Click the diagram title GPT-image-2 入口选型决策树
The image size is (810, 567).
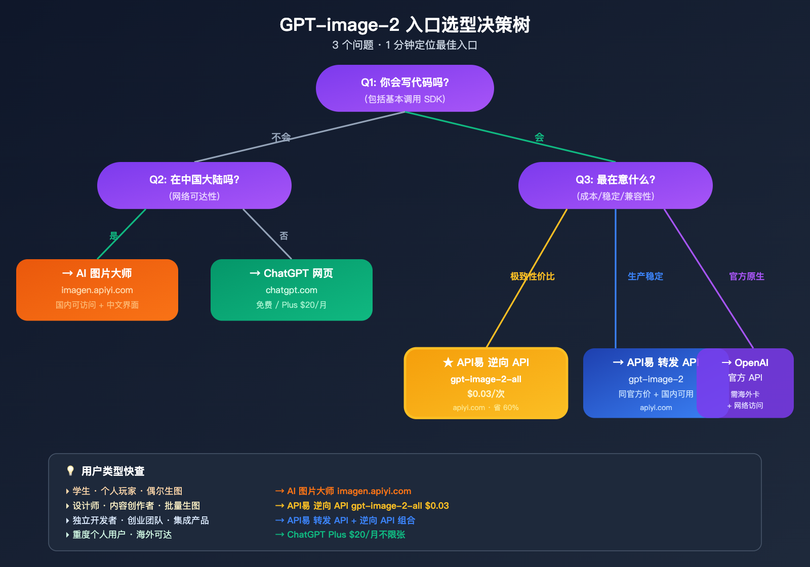point(404,25)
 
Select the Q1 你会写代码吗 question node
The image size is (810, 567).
point(404,89)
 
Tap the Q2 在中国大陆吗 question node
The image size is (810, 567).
point(194,186)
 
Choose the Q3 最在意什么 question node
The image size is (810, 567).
point(615,186)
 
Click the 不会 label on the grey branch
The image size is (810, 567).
point(281,137)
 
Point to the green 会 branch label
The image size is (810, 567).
point(539,137)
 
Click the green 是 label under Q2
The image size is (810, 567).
point(114,236)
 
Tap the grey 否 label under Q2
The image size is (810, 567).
point(284,236)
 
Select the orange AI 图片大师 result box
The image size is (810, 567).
point(97,290)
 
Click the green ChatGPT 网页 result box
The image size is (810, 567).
point(291,290)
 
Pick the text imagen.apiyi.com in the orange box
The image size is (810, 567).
point(97,290)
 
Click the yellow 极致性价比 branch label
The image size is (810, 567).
point(532,276)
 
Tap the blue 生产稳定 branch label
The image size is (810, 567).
point(645,276)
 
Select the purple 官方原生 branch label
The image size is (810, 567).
point(746,276)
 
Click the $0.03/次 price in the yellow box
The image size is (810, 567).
point(485,394)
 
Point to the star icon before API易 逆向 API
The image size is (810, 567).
point(448,362)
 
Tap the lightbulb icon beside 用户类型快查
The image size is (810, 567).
point(70,471)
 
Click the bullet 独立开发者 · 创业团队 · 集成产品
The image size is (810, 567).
point(140,520)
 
